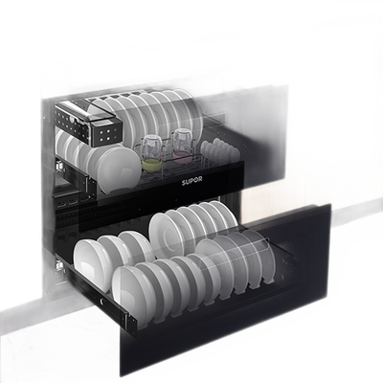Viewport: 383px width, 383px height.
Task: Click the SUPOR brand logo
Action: tap(192, 181)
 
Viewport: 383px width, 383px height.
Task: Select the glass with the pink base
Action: tap(182, 144)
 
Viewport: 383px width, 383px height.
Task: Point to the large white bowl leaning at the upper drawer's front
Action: tap(119, 169)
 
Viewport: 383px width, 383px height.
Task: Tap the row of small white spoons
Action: tap(220, 149)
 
